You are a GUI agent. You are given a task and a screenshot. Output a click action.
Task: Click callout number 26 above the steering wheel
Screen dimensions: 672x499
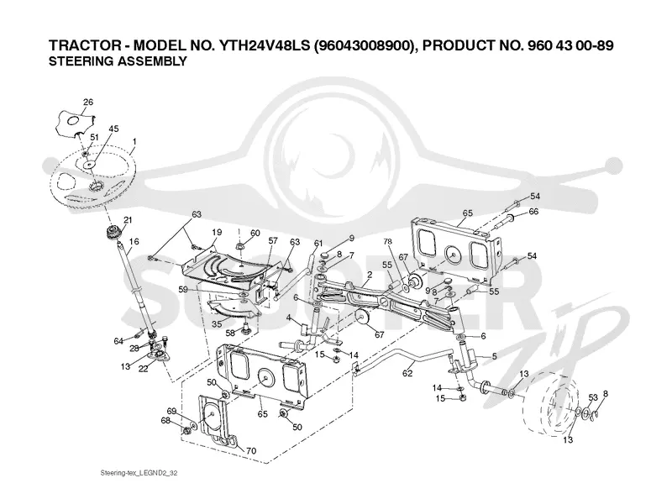pos(88,102)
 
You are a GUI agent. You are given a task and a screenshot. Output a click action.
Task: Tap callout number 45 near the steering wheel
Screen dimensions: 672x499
pos(113,129)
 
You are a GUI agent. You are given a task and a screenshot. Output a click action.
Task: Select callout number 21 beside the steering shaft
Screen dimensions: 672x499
pos(128,220)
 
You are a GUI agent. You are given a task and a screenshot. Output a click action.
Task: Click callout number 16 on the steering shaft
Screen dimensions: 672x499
pos(134,241)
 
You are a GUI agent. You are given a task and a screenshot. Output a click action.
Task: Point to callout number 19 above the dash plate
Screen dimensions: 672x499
pos(217,233)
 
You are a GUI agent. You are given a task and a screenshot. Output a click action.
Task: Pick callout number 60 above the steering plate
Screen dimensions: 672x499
pos(255,233)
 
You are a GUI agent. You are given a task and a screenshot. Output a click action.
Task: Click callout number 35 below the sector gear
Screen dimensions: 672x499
pos(217,323)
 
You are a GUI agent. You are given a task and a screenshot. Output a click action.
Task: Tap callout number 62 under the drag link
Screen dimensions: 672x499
pos(407,373)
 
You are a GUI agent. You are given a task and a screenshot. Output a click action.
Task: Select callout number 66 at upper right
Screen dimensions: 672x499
pos(533,212)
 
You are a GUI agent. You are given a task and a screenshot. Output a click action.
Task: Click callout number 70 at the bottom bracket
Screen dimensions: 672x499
pos(250,450)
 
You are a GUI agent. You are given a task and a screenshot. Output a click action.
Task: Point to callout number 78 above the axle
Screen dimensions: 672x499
pos(387,242)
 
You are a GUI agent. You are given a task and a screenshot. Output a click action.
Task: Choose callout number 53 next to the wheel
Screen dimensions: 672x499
pos(593,397)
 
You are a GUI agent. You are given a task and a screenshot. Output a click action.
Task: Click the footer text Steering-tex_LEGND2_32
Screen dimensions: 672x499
pos(139,473)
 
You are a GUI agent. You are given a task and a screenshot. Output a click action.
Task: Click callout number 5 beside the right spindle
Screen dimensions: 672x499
pos(494,356)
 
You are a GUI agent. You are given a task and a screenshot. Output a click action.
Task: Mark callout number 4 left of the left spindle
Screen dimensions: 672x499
pos(289,318)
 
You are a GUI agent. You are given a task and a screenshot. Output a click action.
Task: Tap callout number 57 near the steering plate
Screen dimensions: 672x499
pos(273,241)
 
